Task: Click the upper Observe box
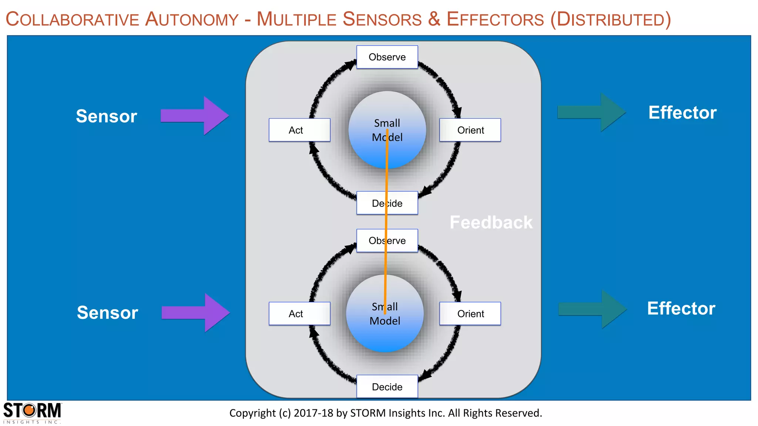[387, 57]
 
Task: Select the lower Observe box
[387, 241]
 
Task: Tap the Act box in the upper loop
[299, 130]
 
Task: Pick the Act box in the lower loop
[299, 314]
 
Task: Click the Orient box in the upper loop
[470, 130]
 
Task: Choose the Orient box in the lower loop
[470, 314]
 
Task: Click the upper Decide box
[387, 203]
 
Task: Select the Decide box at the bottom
[387, 386]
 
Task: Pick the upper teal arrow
[591, 112]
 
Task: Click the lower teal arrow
[593, 309]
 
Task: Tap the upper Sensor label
[107, 116]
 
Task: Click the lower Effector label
[681, 308]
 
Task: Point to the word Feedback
[491, 223]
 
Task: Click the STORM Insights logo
[32, 413]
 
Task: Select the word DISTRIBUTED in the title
[611, 20]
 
